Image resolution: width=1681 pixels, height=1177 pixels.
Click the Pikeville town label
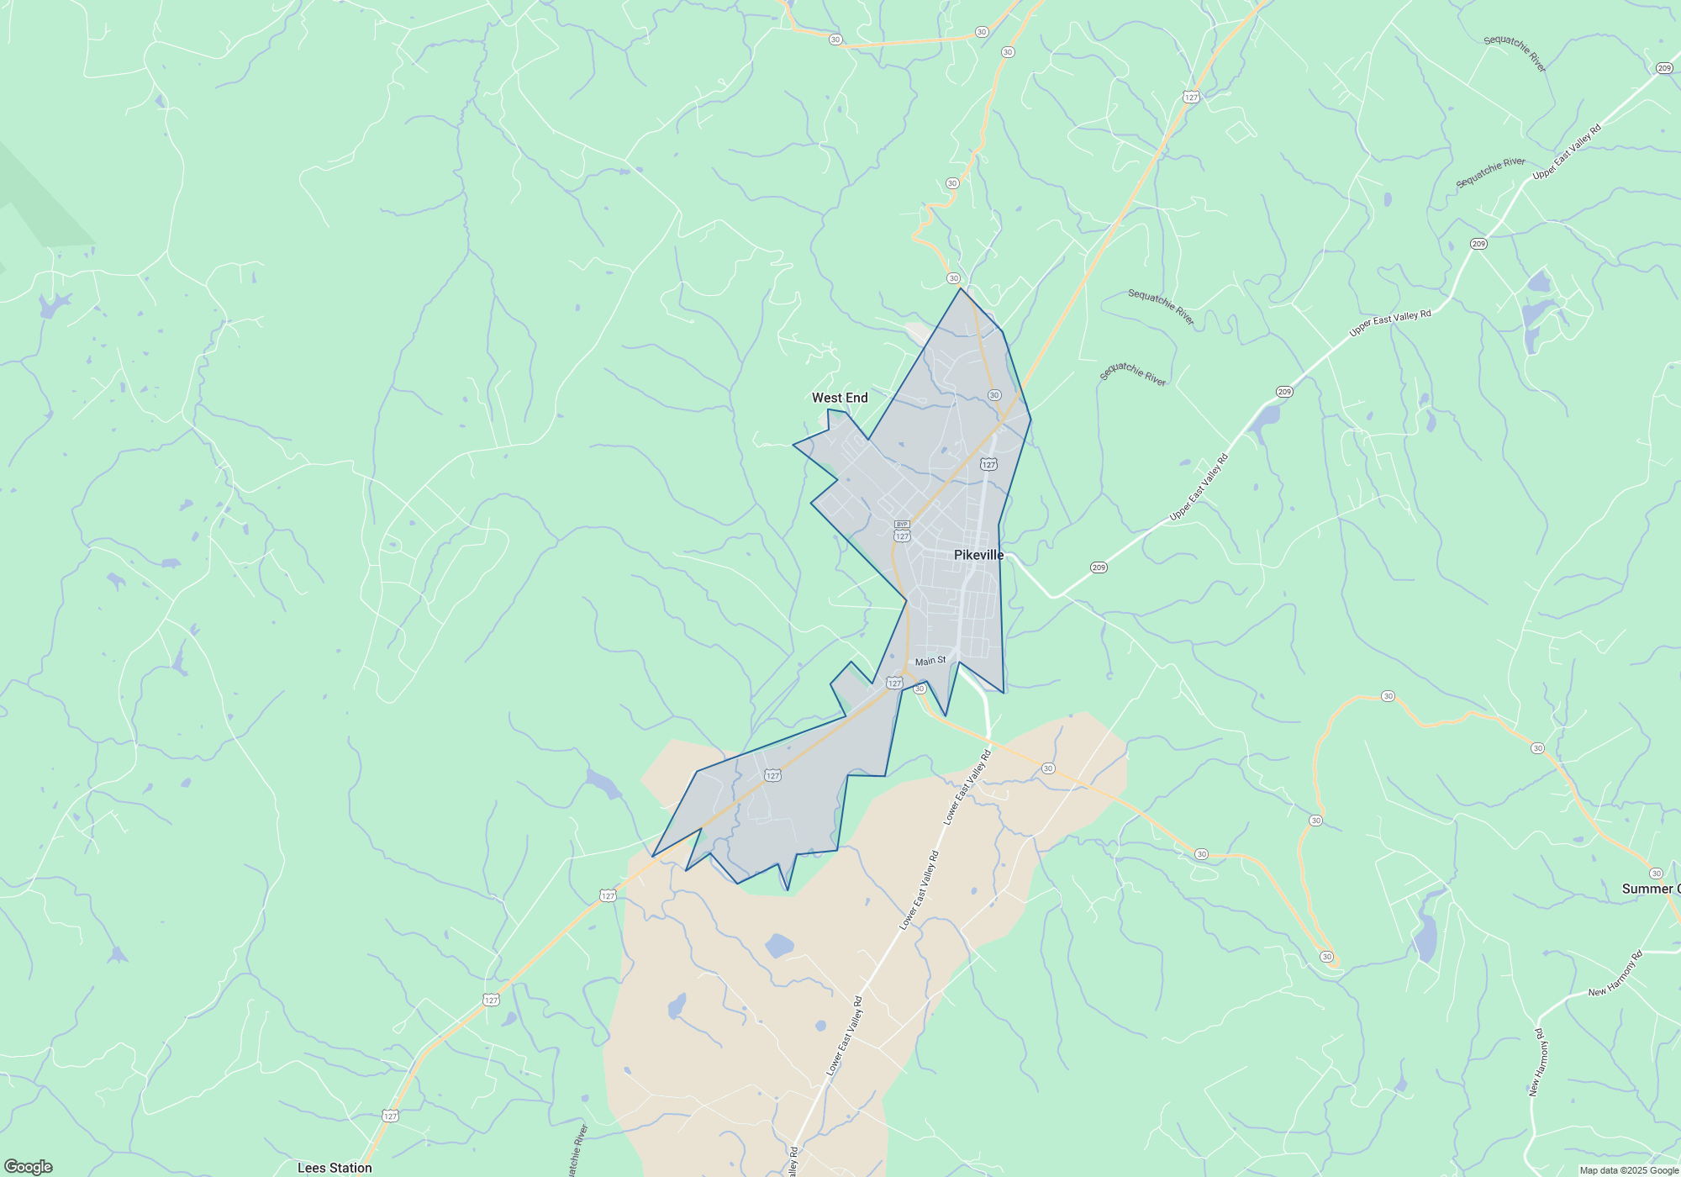click(978, 555)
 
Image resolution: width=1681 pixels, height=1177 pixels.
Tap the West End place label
click(840, 398)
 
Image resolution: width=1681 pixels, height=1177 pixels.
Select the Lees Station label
click(335, 1168)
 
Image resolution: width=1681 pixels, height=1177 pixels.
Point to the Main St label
click(930, 662)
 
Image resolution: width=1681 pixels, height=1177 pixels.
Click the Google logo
click(28, 1167)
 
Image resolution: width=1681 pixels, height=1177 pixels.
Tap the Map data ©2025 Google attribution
click(1628, 1170)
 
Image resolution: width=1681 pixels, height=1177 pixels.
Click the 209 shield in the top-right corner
click(1664, 68)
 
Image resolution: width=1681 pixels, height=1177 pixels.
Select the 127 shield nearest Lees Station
click(390, 1116)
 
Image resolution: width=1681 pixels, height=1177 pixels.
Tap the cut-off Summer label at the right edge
click(1651, 889)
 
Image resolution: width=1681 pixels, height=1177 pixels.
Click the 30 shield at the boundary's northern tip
click(953, 278)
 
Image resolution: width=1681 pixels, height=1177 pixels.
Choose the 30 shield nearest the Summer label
click(1656, 874)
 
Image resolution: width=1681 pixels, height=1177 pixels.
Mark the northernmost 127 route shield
click(1190, 98)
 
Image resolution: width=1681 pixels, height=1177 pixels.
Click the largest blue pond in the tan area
click(779, 946)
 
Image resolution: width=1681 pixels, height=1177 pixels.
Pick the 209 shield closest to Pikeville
click(1099, 567)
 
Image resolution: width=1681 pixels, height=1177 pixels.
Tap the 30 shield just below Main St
click(920, 689)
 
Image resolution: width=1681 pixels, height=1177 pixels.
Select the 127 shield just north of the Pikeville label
click(988, 464)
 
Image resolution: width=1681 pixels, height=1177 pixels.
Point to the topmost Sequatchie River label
click(1515, 53)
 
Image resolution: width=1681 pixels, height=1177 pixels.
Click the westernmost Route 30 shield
click(835, 40)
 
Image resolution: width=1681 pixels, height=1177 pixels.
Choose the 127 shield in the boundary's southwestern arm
click(773, 775)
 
